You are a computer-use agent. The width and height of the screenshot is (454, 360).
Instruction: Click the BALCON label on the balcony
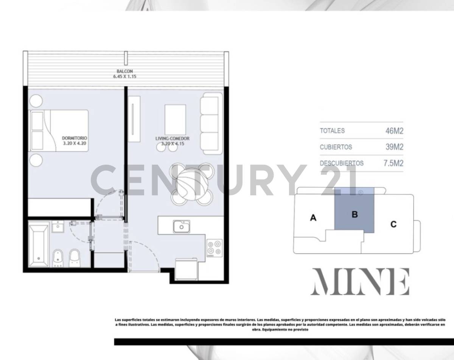tap(124, 71)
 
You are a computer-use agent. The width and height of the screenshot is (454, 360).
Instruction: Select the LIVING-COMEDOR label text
tap(172, 139)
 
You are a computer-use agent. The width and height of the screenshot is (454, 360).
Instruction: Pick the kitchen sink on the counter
tap(182, 226)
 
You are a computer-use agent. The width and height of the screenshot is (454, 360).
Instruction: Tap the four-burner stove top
tap(215, 248)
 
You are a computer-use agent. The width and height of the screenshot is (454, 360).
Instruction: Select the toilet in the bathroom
tap(75, 257)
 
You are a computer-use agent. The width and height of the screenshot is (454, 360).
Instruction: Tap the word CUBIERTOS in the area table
tap(336, 147)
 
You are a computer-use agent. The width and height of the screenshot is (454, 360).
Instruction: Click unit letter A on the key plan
tap(313, 218)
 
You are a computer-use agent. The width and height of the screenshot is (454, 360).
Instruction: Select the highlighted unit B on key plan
tap(354, 214)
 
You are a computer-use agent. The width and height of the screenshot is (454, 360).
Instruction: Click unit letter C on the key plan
tap(393, 224)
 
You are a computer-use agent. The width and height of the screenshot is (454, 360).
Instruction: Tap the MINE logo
tap(360, 282)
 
